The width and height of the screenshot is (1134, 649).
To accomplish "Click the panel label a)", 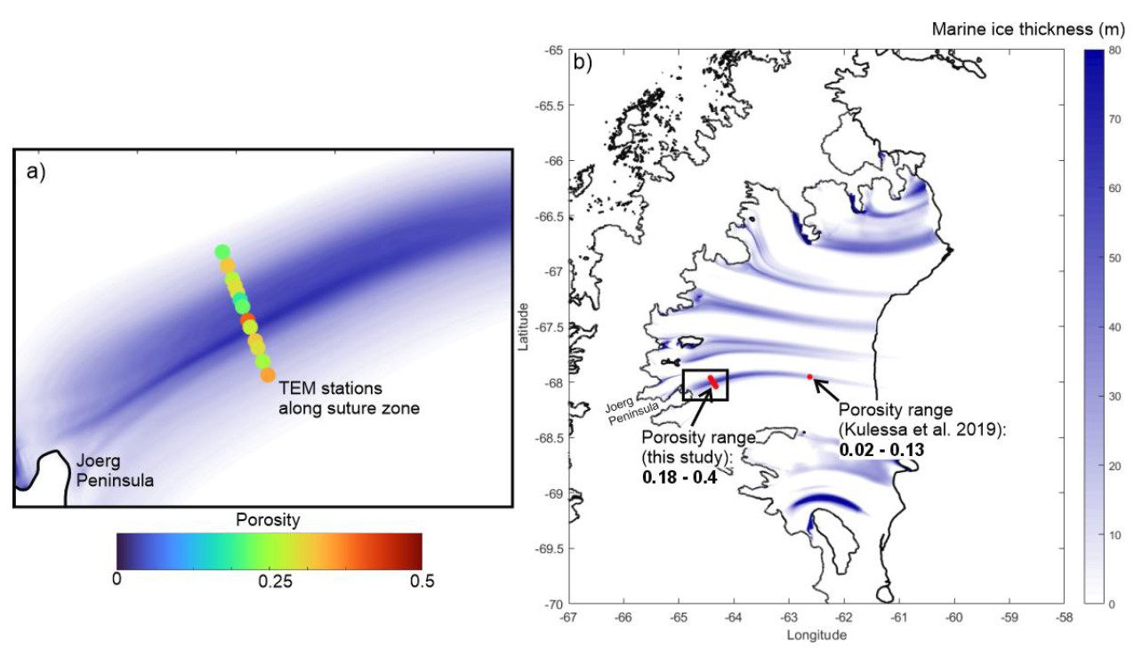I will tap(36, 172).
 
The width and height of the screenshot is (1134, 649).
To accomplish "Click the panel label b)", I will tap(583, 63).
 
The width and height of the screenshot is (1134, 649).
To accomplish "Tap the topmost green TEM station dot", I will tap(222, 252).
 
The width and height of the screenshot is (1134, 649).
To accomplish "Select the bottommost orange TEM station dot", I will tap(268, 375).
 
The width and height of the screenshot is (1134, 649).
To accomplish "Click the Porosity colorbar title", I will tap(268, 519).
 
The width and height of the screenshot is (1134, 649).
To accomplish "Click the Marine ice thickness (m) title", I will tap(1027, 29).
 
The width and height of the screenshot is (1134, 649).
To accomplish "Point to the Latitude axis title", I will tap(526, 326).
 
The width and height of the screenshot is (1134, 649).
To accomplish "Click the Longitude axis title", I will tap(816, 635).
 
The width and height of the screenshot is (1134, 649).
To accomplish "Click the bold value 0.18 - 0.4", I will tap(680, 477).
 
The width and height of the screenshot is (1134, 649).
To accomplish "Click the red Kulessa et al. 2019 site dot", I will tap(809, 377).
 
